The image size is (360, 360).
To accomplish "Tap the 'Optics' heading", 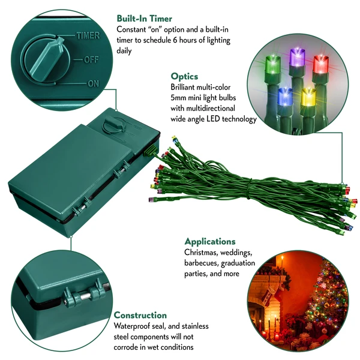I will (x=184, y=76).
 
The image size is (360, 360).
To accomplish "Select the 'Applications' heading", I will (x=209, y=241).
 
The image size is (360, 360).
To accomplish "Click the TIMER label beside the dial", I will (x=88, y=36).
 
